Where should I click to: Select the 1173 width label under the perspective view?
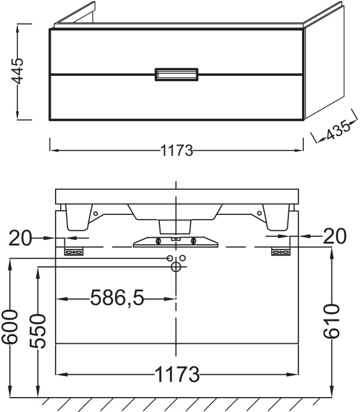pyautogui.click(x=177, y=151)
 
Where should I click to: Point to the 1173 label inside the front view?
pyautogui.click(x=177, y=375)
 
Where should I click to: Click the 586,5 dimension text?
pyautogui.click(x=117, y=297)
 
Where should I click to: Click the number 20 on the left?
pyautogui.click(x=20, y=237)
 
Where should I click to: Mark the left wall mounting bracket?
pyautogui.click(x=73, y=252)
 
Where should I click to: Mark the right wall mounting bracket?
pyautogui.click(x=280, y=252)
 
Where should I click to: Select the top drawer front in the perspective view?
pyautogui.click(x=176, y=51)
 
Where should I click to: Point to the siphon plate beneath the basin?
pyautogui.click(x=176, y=241)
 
